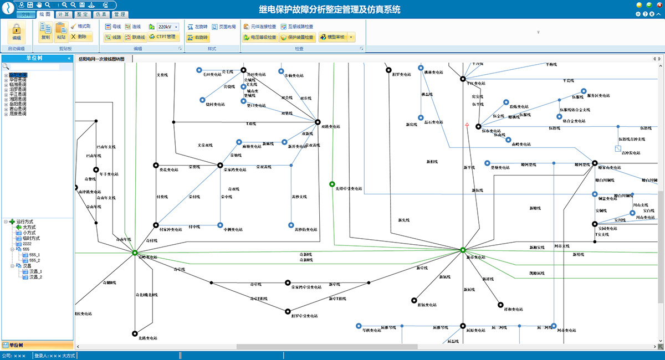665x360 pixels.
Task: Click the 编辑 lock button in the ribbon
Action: coord(17,33)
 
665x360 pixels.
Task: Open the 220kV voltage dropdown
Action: coord(167,27)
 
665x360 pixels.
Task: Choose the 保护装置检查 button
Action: coord(297,37)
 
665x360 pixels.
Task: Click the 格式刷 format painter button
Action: coord(80,26)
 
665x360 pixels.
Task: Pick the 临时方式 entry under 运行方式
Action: coord(31,238)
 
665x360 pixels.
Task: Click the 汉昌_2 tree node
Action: coord(35,277)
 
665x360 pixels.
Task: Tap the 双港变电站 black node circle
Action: coord(318,122)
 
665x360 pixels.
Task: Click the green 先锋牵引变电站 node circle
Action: coord(332,183)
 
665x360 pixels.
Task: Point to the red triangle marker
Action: coord(468,126)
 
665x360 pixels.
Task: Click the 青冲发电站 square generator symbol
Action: coord(618,148)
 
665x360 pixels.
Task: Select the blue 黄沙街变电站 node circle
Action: coord(291,225)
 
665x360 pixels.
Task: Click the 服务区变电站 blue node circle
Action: coord(584,91)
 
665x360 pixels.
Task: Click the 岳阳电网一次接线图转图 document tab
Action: coord(101,58)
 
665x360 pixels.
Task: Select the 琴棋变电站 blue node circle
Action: coord(359,326)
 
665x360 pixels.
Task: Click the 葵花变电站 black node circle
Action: coord(155,165)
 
